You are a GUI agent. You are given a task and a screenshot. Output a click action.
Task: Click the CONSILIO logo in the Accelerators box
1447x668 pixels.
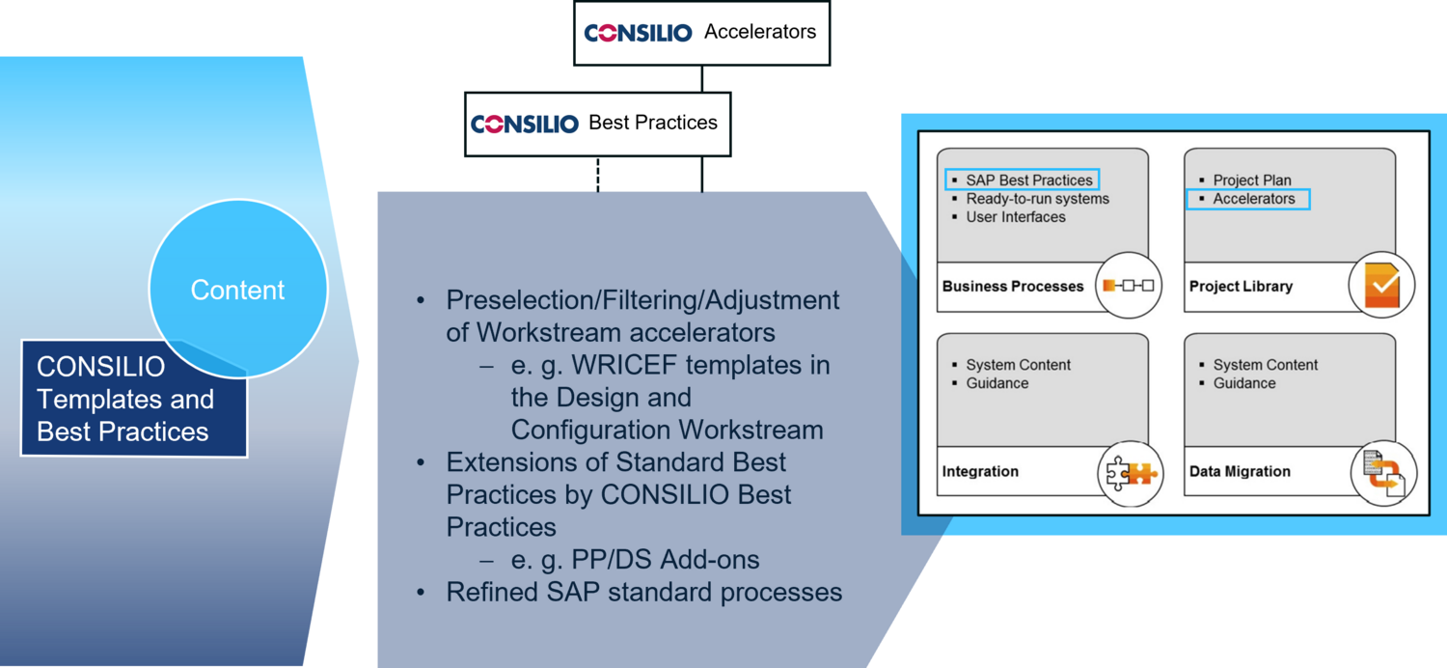click(x=638, y=32)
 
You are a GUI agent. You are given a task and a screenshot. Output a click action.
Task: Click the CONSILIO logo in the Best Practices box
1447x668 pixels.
click(x=525, y=124)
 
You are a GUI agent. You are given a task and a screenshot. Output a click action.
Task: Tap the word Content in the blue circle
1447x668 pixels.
click(x=237, y=290)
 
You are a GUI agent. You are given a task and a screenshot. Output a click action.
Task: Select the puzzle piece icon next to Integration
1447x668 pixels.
click(x=1132, y=473)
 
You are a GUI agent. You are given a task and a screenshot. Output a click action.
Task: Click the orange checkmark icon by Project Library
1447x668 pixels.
click(x=1381, y=285)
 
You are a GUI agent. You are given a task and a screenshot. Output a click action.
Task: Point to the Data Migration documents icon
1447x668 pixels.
click(x=1383, y=473)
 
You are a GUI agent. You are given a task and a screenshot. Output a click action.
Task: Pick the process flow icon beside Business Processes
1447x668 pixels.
click(x=1129, y=285)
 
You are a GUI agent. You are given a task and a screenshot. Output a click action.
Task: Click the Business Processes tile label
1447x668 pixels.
click(x=1013, y=286)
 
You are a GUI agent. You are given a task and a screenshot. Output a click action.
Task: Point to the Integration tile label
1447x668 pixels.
click(x=980, y=471)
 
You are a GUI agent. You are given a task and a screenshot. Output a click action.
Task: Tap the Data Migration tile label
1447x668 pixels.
click(x=1240, y=471)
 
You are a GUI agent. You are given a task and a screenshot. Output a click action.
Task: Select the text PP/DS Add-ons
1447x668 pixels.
click(x=666, y=559)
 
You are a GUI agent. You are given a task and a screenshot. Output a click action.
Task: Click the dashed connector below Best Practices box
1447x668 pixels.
click(x=598, y=174)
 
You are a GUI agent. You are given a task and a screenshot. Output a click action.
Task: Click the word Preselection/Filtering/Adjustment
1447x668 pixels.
click(x=642, y=300)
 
